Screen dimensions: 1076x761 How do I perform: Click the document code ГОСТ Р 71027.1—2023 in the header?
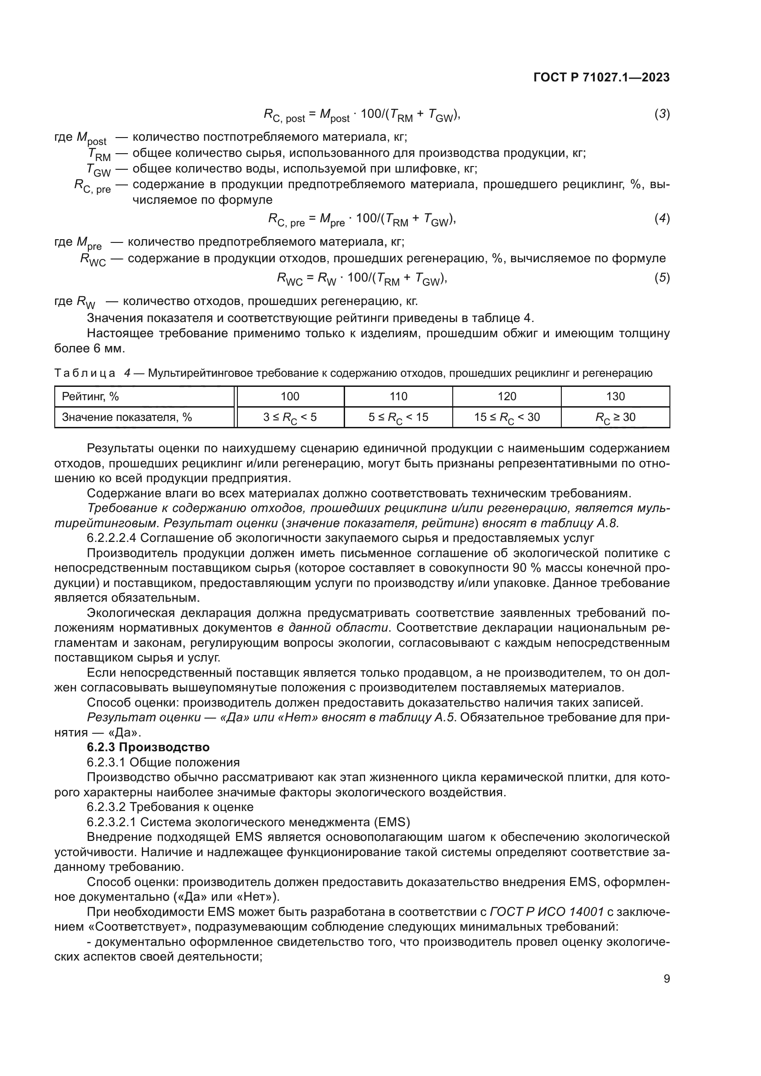[x=601, y=77]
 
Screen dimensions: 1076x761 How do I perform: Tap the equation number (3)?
[x=662, y=114]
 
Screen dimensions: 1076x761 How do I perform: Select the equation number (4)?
[x=662, y=219]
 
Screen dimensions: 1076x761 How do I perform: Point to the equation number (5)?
[x=662, y=278]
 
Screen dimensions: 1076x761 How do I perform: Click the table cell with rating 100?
[x=289, y=397]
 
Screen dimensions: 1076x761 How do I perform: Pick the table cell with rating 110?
[x=398, y=397]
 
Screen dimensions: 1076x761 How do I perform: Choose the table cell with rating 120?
[x=507, y=397]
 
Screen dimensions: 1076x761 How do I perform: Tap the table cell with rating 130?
[x=615, y=397]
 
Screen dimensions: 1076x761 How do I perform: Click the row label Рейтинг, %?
[x=91, y=397]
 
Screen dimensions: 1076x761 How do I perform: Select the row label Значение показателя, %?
[x=127, y=417]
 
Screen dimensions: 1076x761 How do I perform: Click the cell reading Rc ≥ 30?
[x=615, y=418]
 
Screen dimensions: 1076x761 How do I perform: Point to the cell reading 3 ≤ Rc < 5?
[x=289, y=418]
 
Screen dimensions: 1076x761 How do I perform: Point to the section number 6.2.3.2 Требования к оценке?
[x=106, y=807]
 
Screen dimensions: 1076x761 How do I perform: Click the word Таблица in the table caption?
[x=85, y=374]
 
